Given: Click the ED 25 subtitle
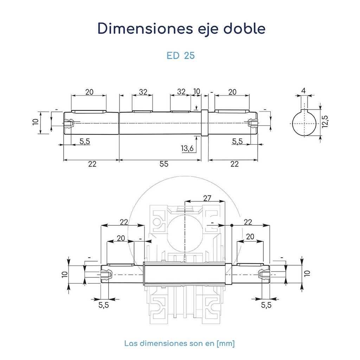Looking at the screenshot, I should click(180, 56).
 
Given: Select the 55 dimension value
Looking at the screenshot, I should click(164, 164).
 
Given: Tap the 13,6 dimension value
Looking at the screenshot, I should click(187, 148).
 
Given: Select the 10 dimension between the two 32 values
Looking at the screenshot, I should click(197, 91).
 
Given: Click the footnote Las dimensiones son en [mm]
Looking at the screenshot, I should click(179, 343).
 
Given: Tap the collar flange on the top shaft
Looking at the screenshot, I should click(205, 122).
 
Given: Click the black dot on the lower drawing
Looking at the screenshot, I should click(232, 225).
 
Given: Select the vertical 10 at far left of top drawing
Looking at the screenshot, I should click(35, 122).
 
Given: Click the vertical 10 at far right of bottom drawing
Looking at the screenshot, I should click(307, 273).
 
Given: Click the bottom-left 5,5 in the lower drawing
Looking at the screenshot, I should click(104, 305).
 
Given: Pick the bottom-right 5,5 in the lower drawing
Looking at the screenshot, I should click(266, 305).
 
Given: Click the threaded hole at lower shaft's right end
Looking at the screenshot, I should click(263, 274).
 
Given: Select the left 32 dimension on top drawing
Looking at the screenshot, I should click(143, 92).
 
